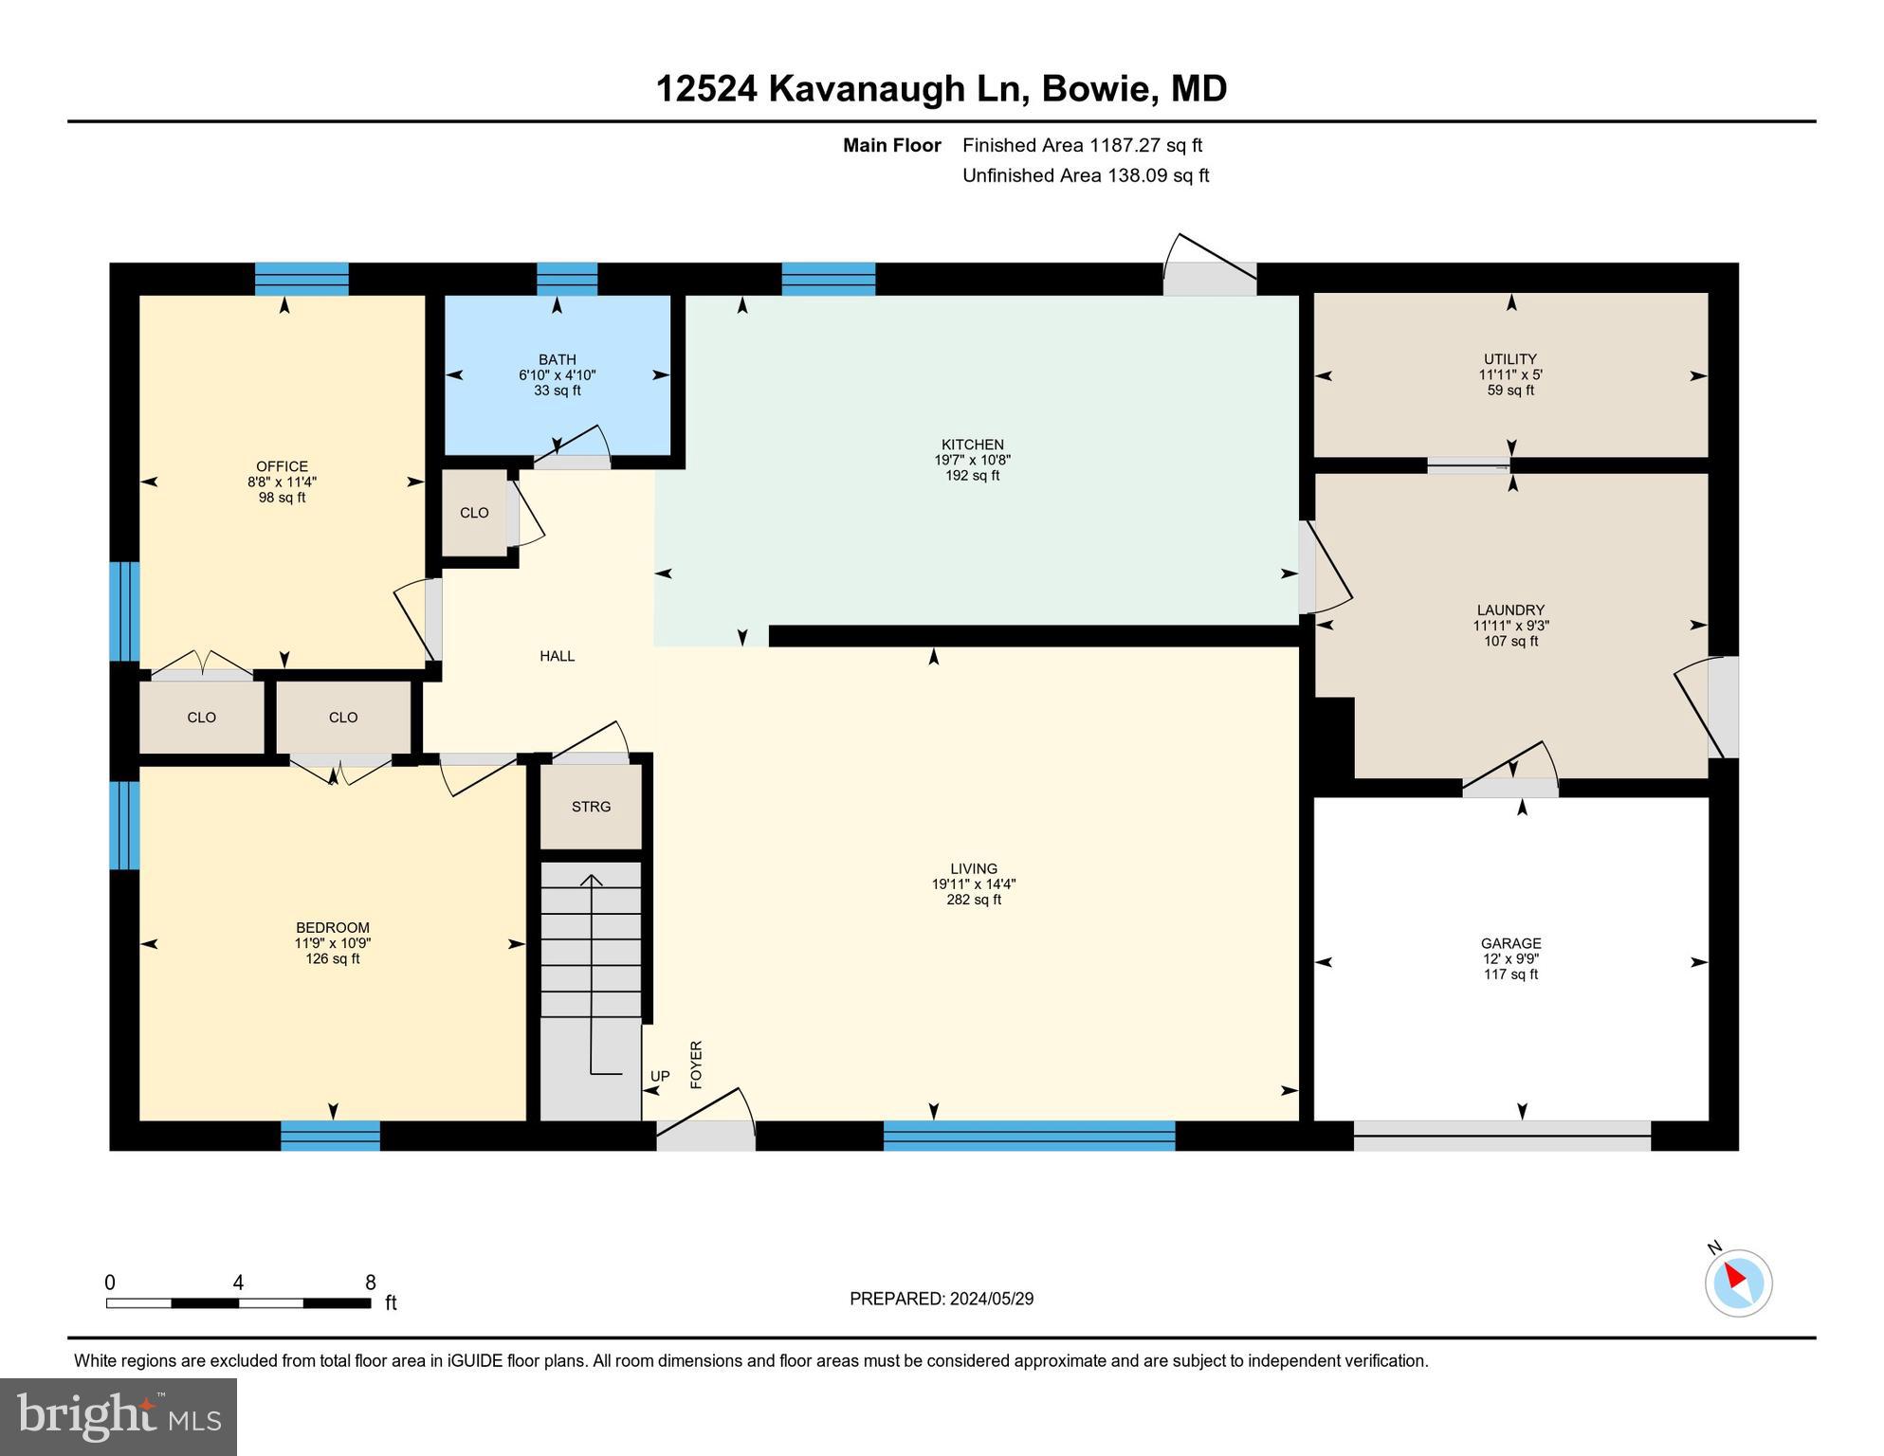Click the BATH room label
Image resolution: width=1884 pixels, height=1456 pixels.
pos(557,359)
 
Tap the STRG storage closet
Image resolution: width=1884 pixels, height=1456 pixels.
pos(591,807)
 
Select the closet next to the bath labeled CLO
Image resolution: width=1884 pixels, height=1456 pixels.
pos(474,513)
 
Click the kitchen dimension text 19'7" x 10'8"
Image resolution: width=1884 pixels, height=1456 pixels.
pos(972,460)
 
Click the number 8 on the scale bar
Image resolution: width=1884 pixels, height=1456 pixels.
pos(371,1283)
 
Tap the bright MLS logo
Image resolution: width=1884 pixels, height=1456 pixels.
pos(119,1416)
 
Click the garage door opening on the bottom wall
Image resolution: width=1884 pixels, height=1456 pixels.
pos(1502,1136)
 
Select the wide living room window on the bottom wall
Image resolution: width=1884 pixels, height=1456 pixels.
pos(1029,1136)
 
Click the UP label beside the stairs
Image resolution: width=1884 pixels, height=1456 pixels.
pos(660,1076)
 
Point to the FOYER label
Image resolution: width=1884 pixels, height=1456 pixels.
pos(696,1064)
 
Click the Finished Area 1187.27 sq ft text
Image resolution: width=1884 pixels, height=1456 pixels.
pos(1082,145)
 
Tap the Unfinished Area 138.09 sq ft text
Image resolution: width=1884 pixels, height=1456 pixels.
pos(1086,175)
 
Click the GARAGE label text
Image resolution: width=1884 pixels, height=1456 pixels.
pos(1510,943)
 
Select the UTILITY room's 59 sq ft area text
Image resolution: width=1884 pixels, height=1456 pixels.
pos(1510,390)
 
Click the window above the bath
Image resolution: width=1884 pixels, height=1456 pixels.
pos(567,279)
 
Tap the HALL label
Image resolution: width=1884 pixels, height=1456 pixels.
pos(557,656)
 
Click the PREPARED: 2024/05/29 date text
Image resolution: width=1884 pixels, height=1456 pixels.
pos(942,1299)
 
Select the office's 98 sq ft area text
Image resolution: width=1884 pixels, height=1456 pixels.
pos(282,497)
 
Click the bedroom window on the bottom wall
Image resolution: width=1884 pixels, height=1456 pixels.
pos(330,1136)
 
